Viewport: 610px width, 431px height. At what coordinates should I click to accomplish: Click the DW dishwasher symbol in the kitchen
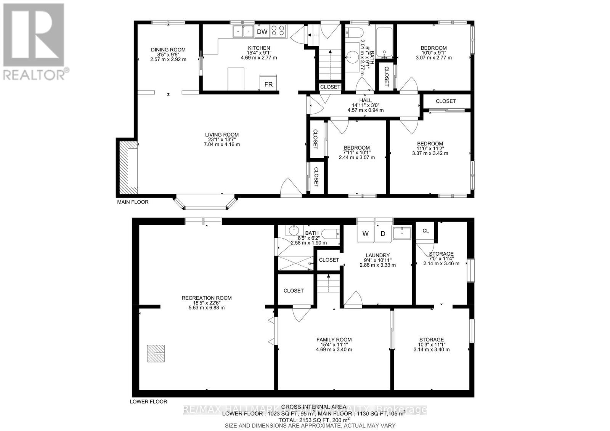click(262, 32)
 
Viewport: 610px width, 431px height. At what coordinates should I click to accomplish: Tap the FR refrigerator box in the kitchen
click(268, 84)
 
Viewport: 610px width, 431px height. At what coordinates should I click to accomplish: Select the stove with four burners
click(278, 31)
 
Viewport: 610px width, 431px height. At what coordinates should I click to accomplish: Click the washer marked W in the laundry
click(365, 234)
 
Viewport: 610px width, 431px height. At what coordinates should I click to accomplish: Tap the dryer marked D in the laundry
click(383, 234)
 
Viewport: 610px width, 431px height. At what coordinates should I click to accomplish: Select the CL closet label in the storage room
click(425, 231)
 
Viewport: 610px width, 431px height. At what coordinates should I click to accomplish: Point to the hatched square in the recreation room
click(156, 353)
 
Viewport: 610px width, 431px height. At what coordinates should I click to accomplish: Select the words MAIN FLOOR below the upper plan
click(133, 202)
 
